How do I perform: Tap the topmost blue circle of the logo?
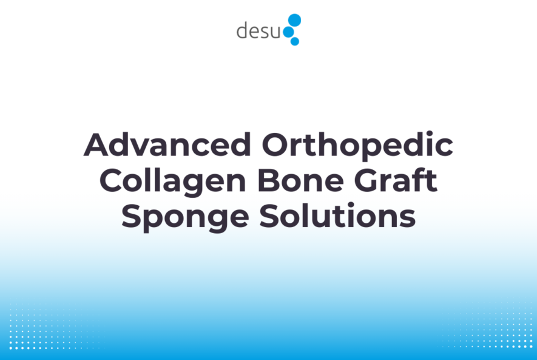click(294, 19)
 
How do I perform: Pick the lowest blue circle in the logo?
click(295, 41)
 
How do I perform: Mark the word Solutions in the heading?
click(338, 216)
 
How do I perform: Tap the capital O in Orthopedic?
click(276, 145)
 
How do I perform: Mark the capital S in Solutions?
click(271, 216)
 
